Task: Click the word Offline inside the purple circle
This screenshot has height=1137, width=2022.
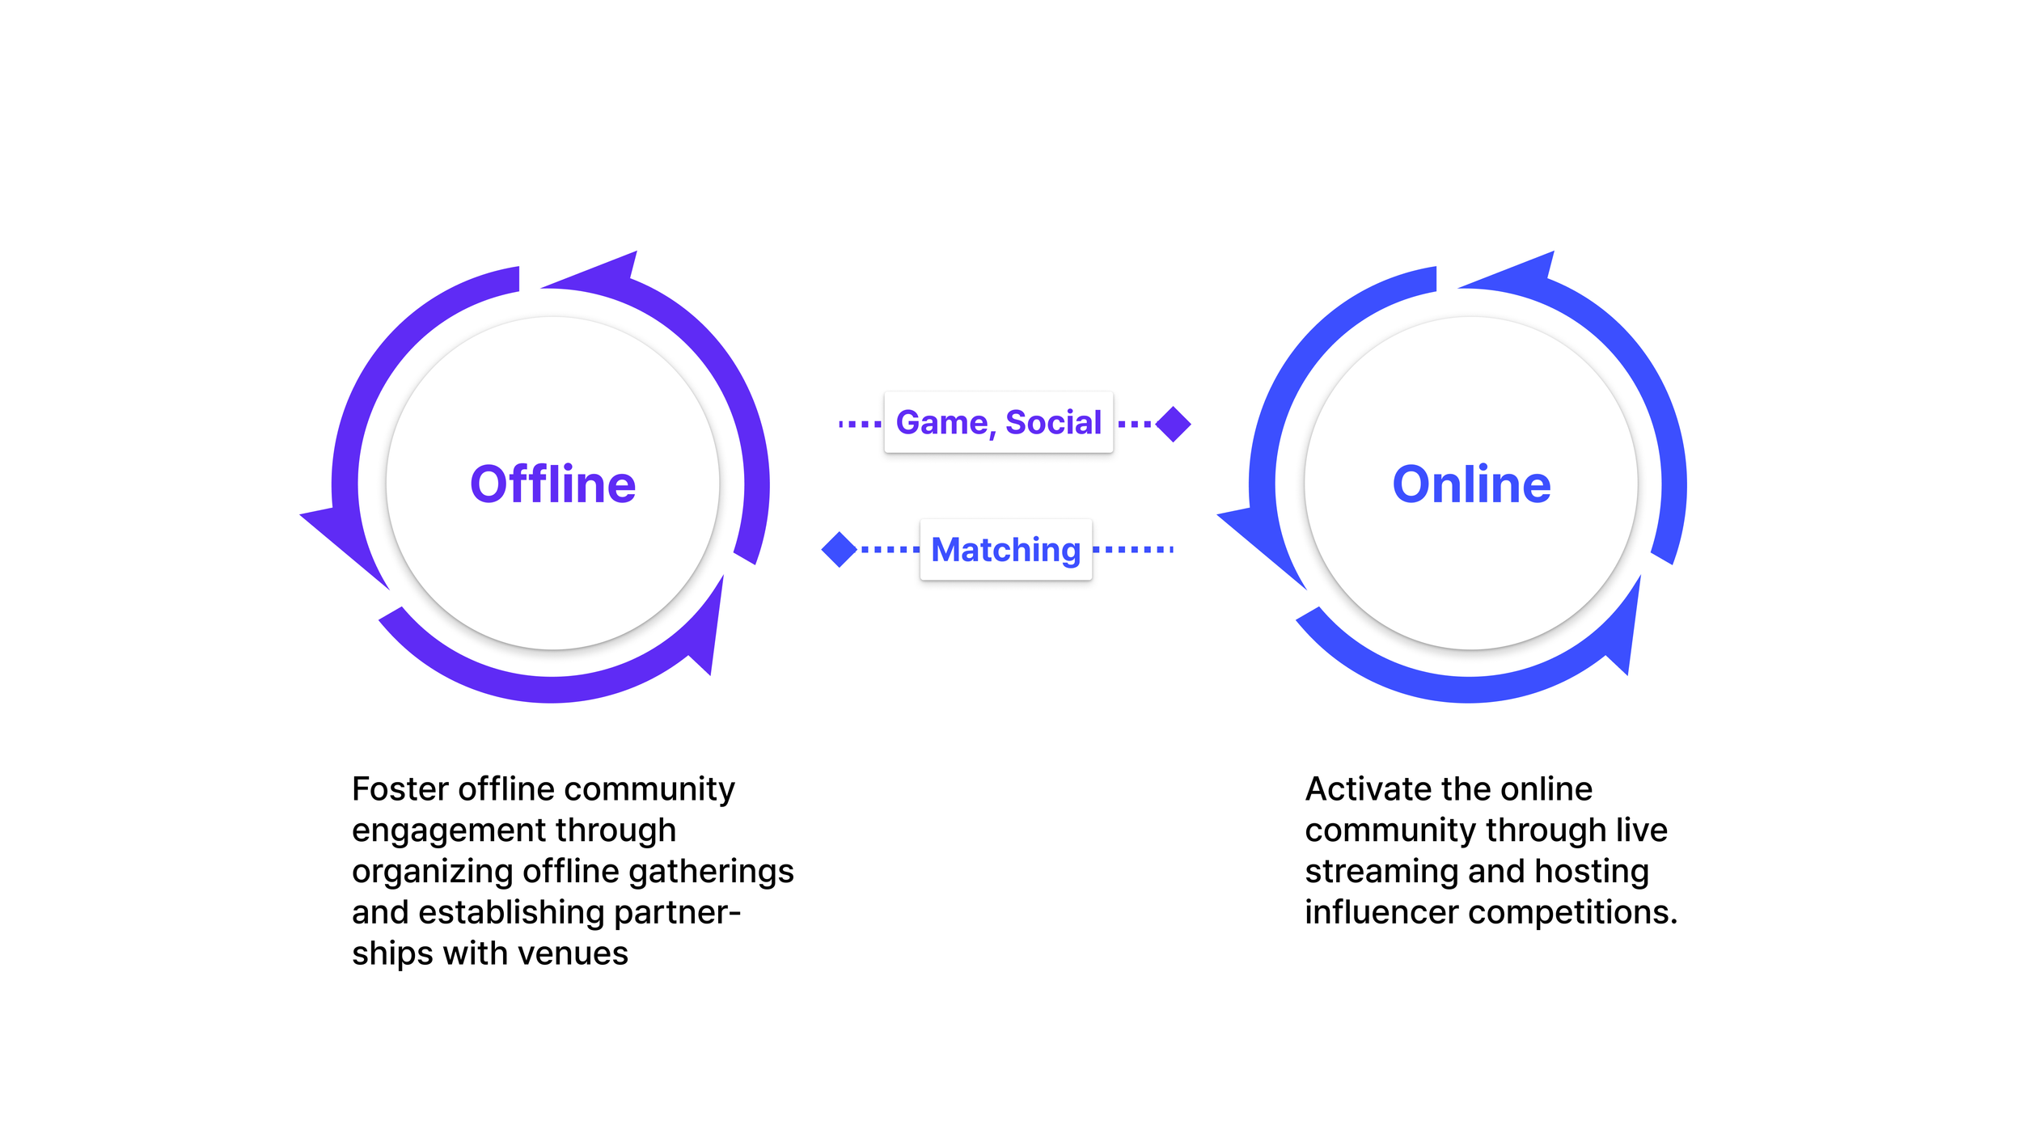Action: (552, 484)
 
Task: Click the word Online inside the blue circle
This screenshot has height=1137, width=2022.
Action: (1471, 484)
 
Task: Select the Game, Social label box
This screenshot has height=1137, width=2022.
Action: (998, 422)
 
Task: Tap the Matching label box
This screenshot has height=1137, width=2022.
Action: (1005, 550)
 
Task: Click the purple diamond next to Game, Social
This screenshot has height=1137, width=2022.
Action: (1173, 424)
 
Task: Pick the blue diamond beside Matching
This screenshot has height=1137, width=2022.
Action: (839, 550)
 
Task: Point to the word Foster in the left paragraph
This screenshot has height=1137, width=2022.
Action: (400, 789)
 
